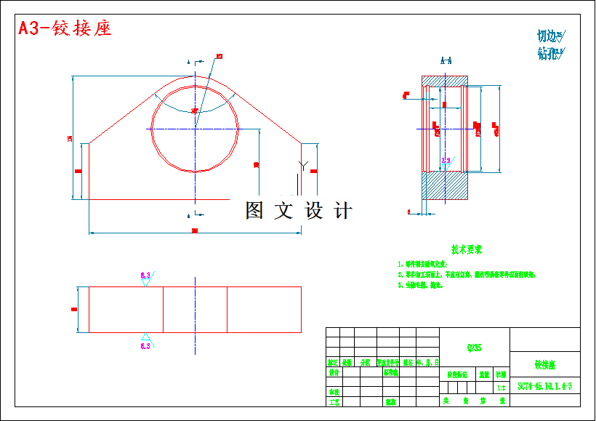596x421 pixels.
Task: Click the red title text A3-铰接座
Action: [65, 28]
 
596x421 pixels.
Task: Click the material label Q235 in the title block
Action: [474, 348]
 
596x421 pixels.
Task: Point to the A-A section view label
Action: [446, 62]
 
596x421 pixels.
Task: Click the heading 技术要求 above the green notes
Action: [466, 249]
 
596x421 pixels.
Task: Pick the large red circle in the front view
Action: [195, 128]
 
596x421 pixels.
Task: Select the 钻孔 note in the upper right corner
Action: [550, 53]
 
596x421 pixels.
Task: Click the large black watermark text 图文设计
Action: [299, 211]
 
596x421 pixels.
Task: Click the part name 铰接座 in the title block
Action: [544, 364]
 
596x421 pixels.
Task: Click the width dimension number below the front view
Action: [195, 231]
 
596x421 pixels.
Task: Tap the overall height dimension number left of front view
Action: [71, 138]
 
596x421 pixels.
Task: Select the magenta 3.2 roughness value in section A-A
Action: [446, 160]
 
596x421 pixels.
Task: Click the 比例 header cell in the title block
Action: [501, 375]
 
